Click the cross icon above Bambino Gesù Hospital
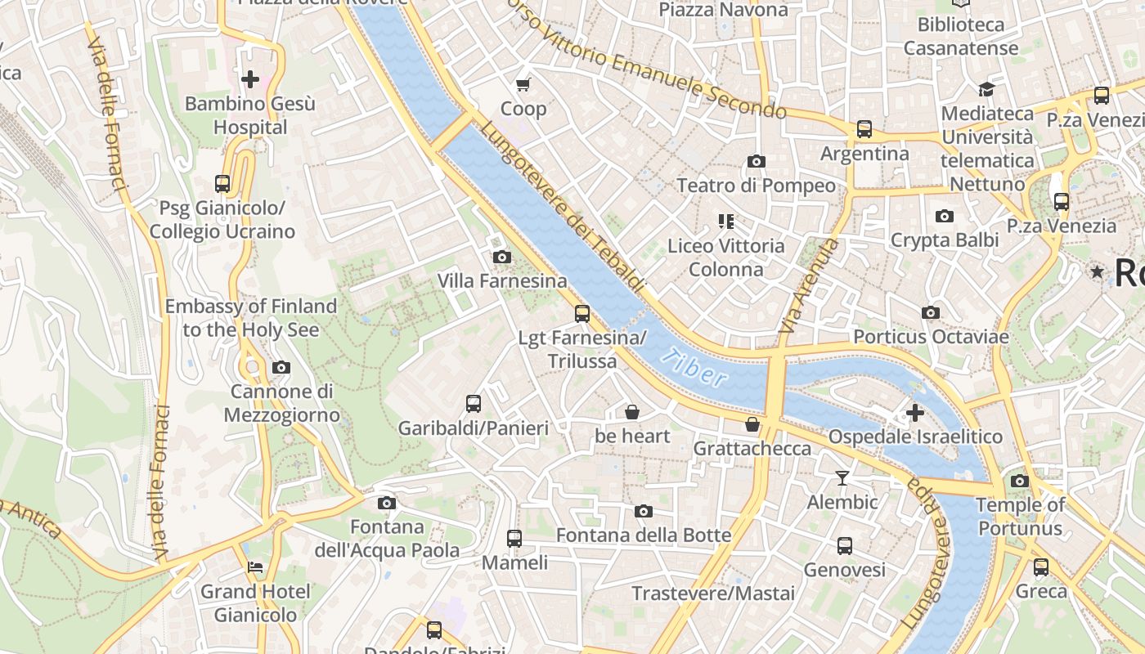(x=250, y=79)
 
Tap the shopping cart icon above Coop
(x=523, y=84)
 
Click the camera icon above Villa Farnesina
(x=502, y=258)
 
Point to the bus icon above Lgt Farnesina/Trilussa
(x=582, y=313)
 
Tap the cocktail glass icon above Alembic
(x=842, y=478)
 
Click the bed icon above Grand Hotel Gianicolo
(x=255, y=567)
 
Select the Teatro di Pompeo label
(x=757, y=186)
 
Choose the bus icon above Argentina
(x=864, y=129)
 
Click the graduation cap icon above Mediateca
(x=987, y=89)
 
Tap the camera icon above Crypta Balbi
(x=945, y=217)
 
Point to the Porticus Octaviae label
(x=931, y=337)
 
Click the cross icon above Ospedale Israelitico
(x=915, y=412)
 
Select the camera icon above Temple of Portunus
(x=1020, y=481)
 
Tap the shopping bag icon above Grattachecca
(x=752, y=424)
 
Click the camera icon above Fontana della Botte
(x=644, y=512)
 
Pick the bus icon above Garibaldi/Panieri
(x=474, y=403)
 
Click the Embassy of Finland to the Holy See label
(x=251, y=318)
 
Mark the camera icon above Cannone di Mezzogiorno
(x=281, y=368)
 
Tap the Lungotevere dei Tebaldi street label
(x=563, y=209)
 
